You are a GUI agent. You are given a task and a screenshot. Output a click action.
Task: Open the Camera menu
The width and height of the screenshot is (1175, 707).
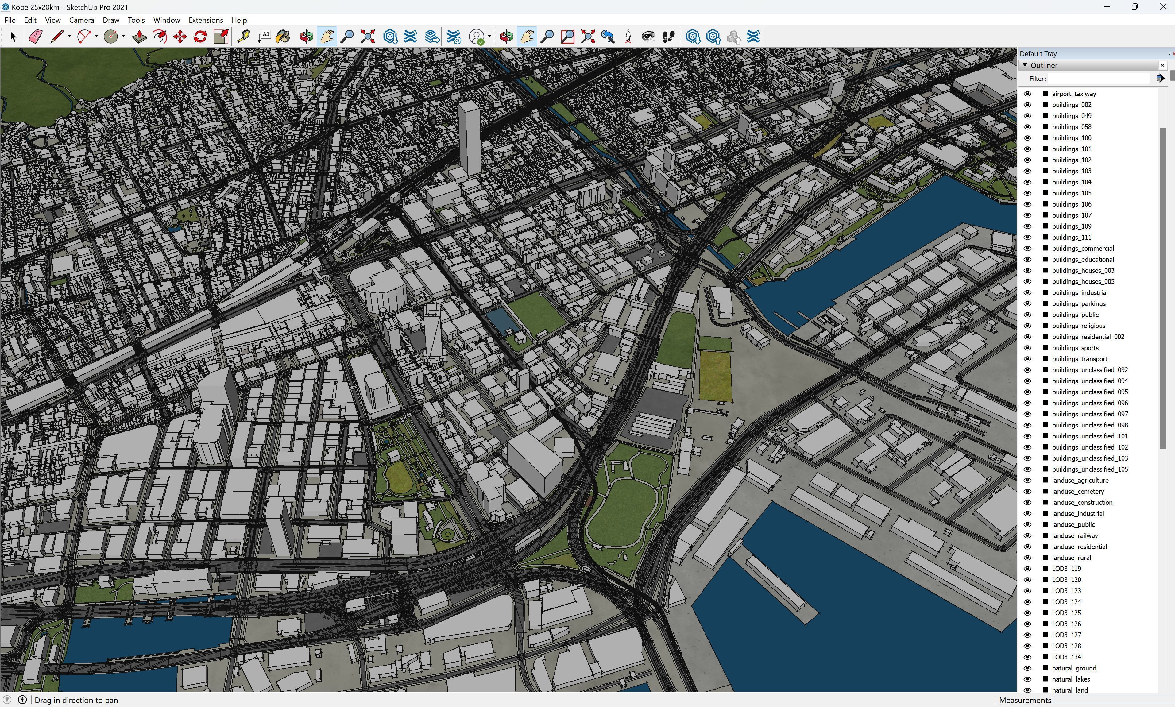(x=81, y=20)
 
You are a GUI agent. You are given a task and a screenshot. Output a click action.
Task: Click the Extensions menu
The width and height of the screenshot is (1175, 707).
(x=205, y=20)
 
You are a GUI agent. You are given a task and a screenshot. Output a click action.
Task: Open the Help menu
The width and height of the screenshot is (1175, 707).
(x=239, y=20)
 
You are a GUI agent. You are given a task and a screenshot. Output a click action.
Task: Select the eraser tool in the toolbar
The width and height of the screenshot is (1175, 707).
(x=36, y=37)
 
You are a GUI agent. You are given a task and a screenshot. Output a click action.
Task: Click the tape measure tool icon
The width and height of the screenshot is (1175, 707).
(x=243, y=37)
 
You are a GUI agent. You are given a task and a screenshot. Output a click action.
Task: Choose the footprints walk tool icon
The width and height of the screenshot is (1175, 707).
(x=668, y=37)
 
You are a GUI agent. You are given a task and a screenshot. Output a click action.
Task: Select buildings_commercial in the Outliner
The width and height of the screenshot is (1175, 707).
(x=1083, y=248)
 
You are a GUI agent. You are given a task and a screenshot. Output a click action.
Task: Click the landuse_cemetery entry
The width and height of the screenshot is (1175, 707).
(x=1077, y=491)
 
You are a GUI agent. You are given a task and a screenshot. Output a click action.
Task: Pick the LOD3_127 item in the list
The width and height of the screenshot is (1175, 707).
(x=1066, y=635)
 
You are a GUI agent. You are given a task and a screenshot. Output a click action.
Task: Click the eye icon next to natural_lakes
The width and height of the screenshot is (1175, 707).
(x=1027, y=679)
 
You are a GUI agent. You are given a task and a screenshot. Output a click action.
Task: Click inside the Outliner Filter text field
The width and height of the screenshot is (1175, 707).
(x=1098, y=79)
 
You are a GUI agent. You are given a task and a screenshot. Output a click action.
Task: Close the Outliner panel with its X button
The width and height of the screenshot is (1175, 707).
(x=1162, y=65)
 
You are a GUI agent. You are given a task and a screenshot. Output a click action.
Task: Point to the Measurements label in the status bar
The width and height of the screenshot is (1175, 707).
(x=1025, y=700)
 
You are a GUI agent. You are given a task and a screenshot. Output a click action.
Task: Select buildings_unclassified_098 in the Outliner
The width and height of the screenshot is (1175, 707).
(x=1089, y=425)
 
